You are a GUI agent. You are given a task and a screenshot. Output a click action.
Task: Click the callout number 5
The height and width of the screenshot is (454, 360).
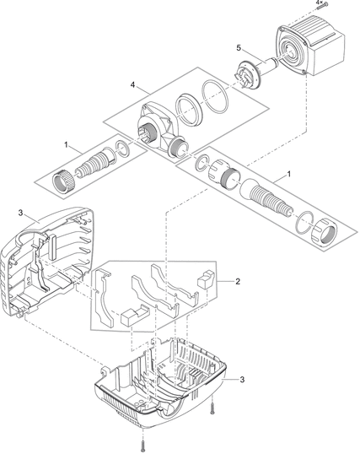point(239,48)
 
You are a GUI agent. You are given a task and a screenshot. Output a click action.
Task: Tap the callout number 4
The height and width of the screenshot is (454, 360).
point(132,85)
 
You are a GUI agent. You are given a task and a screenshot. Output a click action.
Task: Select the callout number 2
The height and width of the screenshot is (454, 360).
point(238,281)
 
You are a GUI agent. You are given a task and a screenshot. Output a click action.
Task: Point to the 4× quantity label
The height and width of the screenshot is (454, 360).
point(319,2)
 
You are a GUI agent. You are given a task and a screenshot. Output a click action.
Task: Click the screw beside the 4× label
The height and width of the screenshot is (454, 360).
point(322,6)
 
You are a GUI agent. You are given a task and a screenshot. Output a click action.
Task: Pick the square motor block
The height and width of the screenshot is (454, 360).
point(311,48)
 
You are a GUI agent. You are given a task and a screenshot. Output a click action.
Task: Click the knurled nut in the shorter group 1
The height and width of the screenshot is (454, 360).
point(62,181)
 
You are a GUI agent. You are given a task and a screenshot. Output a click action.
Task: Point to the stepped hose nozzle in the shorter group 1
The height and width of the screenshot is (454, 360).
point(94,163)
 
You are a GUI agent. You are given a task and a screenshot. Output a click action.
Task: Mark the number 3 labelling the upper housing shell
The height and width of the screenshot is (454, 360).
point(20,213)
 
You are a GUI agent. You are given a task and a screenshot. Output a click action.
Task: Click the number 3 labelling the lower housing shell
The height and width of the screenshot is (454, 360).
point(242,379)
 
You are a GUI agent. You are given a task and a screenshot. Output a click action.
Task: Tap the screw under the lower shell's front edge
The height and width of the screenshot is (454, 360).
point(143,444)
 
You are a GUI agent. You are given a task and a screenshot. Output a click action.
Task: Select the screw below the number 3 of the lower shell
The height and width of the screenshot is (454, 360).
point(212,408)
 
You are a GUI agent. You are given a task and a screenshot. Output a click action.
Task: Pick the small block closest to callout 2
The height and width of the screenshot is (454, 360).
point(206,279)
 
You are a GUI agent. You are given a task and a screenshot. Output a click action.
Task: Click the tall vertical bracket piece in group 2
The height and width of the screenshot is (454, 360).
point(102,297)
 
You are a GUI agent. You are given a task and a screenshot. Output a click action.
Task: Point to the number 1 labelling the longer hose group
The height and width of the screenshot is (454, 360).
point(288,174)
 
